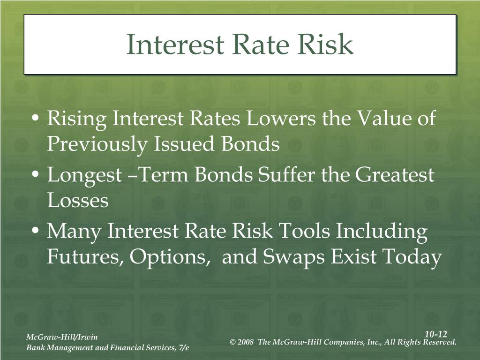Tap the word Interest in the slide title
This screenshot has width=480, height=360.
(x=175, y=44)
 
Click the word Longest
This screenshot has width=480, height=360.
(x=84, y=176)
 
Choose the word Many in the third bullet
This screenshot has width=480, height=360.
(x=74, y=232)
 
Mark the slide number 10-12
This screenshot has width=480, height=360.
(x=436, y=334)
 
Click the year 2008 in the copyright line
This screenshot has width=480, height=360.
(x=245, y=342)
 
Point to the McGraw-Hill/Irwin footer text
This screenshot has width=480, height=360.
(x=62, y=337)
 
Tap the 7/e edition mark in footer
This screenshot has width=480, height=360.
(x=184, y=347)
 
